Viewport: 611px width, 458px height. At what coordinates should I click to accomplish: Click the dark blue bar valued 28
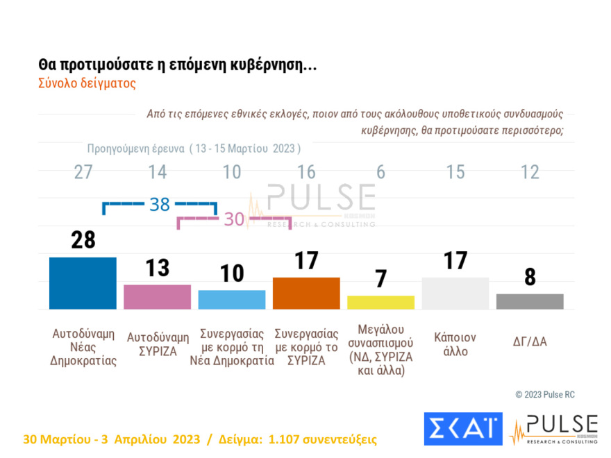point(83,283)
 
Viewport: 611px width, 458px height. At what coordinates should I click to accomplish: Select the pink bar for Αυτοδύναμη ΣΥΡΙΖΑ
point(157,297)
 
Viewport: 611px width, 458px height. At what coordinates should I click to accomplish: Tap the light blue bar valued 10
point(232,300)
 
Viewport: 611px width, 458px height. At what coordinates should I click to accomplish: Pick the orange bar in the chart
point(306,294)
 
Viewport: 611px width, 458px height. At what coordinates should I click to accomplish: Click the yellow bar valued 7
point(380,303)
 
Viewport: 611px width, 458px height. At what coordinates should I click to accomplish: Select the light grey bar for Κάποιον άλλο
point(455,294)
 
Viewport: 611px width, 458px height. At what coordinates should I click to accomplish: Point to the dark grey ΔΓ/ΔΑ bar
point(530,301)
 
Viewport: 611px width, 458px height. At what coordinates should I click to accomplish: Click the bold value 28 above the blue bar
point(83,240)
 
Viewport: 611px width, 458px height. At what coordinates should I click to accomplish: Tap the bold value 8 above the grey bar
point(530,277)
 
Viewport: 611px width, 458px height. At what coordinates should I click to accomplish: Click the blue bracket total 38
point(160,204)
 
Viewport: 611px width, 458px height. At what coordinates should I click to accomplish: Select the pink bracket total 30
point(235,220)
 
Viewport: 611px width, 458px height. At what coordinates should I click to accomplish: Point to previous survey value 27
point(83,172)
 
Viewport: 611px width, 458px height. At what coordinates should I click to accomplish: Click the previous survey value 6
point(380,172)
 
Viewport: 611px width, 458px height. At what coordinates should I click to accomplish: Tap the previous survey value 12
point(530,172)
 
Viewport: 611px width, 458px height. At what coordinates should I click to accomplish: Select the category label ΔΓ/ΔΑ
point(530,341)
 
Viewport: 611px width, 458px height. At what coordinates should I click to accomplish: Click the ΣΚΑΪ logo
point(462,428)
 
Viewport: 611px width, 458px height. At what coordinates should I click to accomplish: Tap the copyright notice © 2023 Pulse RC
point(545,394)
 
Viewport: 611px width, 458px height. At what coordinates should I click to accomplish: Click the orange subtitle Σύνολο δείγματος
point(87,83)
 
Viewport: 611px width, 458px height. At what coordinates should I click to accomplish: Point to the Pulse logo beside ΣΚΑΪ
point(553,429)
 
